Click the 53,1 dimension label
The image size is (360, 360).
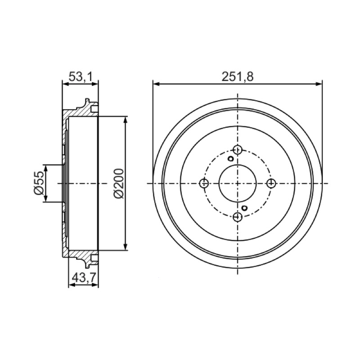click(81, 76)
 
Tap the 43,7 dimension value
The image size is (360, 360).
click(84, 278)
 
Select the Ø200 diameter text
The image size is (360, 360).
click(119, 183)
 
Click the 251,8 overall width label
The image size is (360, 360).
click(238, 76)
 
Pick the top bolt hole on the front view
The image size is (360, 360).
click(238, 150)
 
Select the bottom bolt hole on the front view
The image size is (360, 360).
click(238, 216)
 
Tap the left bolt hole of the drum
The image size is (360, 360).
click(204, 183)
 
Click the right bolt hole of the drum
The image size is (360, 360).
click(271, 183)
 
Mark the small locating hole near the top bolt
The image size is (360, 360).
click(230, 158)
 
